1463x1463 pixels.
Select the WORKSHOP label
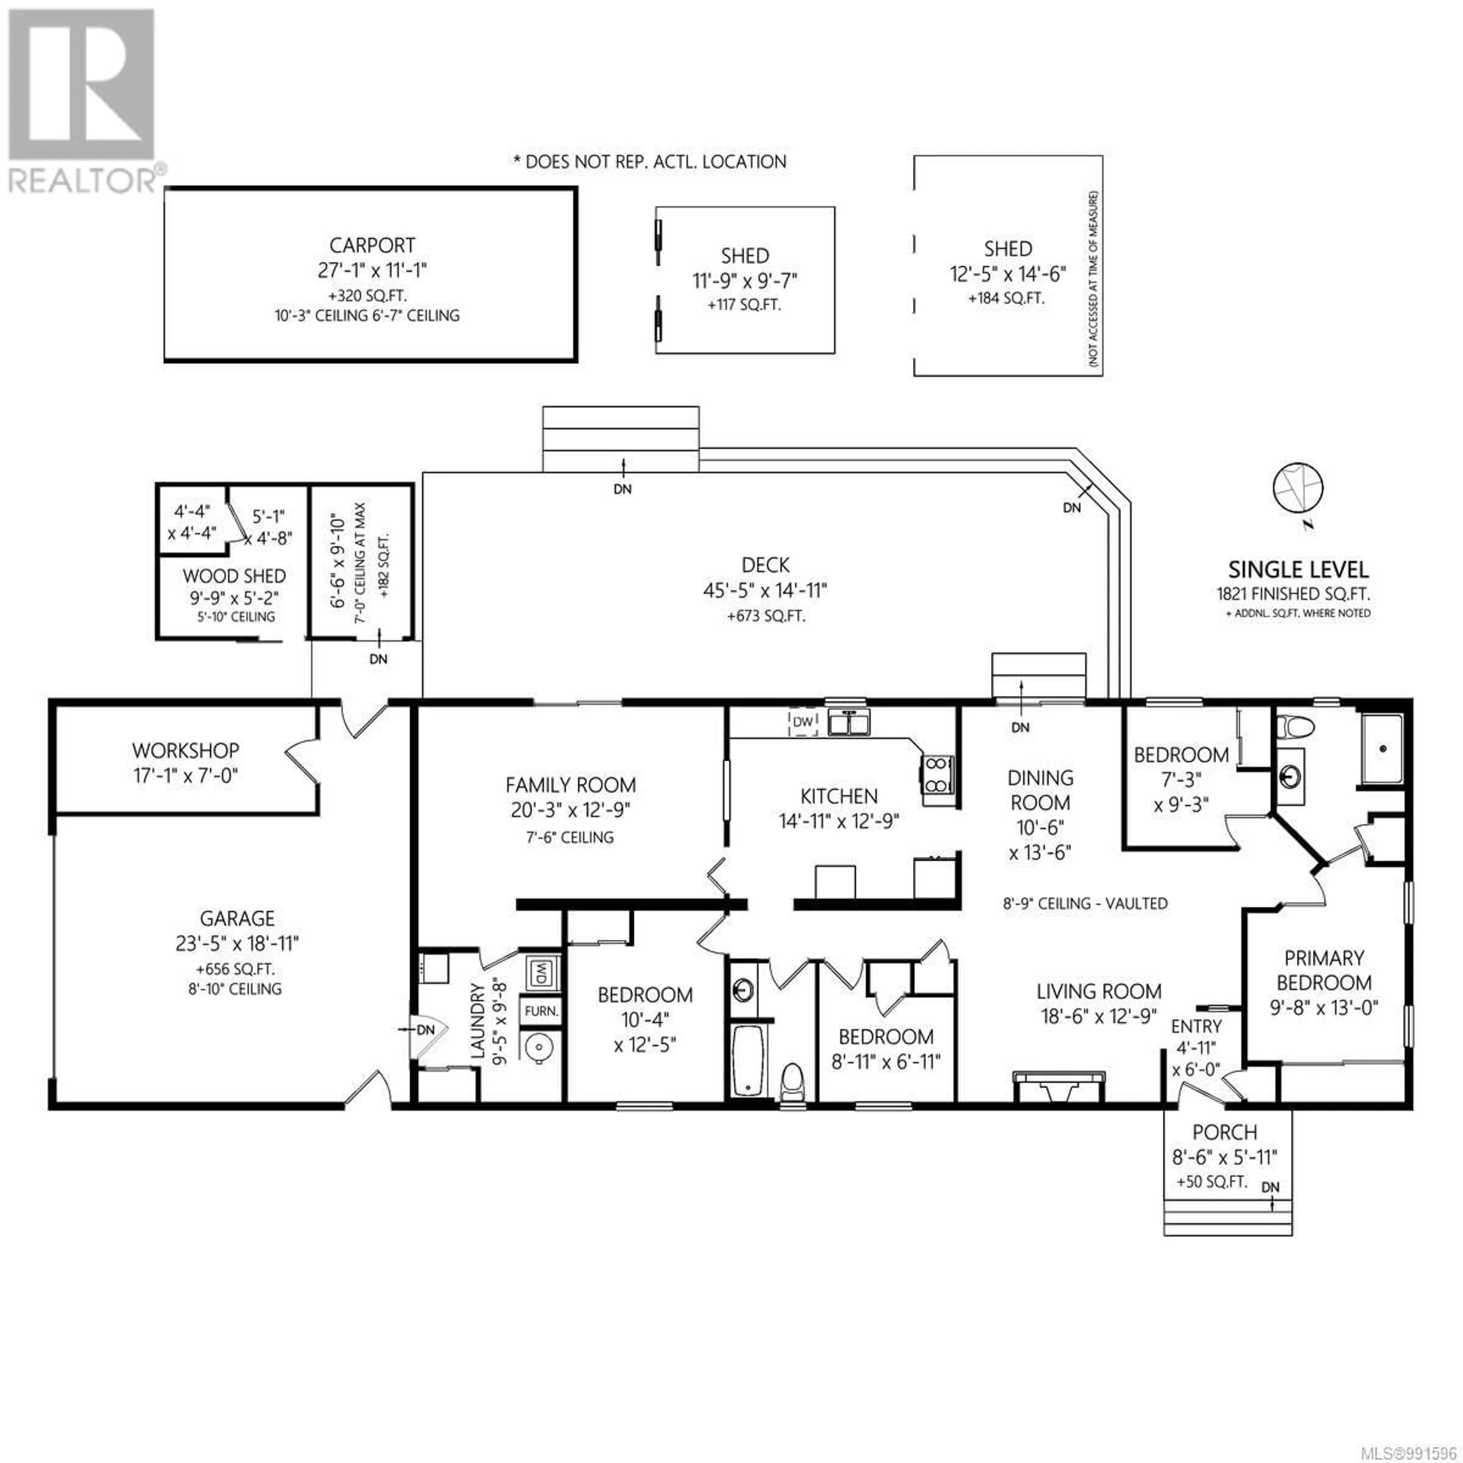click(x=186, y=751)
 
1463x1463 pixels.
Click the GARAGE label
click(x=237, y=919)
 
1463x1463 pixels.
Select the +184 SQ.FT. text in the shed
click(x=1006, y=298)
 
